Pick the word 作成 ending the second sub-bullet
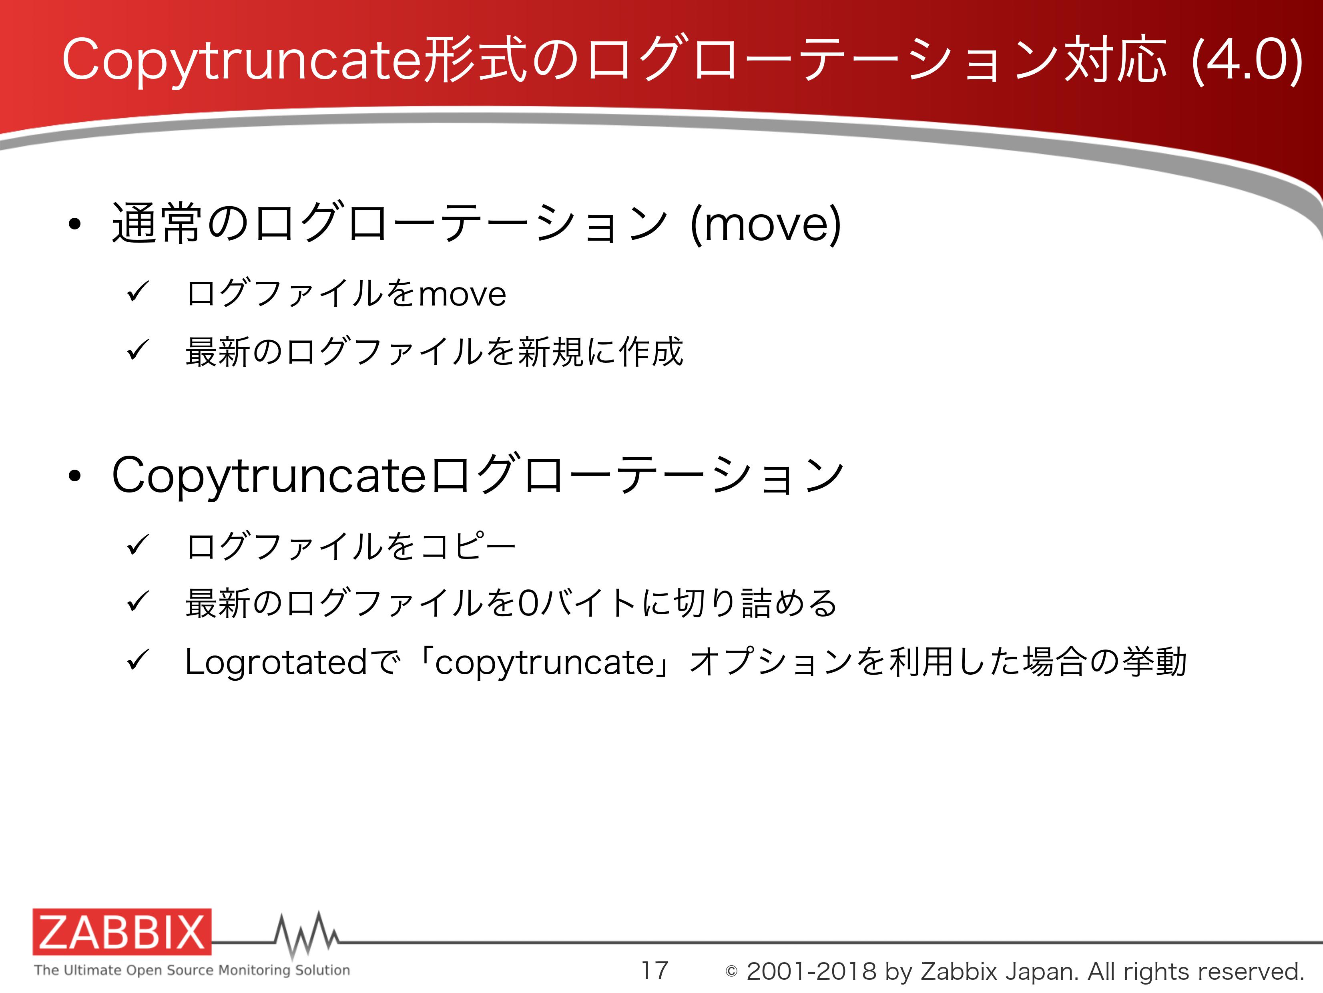[651, 351]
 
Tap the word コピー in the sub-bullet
[468, 546]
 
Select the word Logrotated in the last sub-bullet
[276, 661]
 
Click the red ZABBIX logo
[122, 931]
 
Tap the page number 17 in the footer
[654, 970]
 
